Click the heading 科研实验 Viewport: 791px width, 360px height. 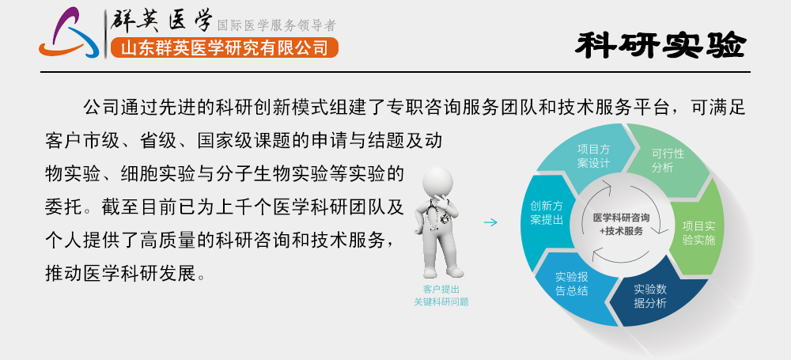[x=660, y=45]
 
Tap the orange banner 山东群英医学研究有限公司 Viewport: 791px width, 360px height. [x=224, y=48]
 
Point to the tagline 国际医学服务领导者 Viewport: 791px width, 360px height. [x=276, y=25]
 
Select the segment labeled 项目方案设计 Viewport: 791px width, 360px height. [x=592, y=155]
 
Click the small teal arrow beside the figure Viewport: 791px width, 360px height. [x=490, y=223]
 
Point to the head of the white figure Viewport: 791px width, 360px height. [x=437, y=184]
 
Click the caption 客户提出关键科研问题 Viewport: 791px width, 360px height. [x=441, y=295]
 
